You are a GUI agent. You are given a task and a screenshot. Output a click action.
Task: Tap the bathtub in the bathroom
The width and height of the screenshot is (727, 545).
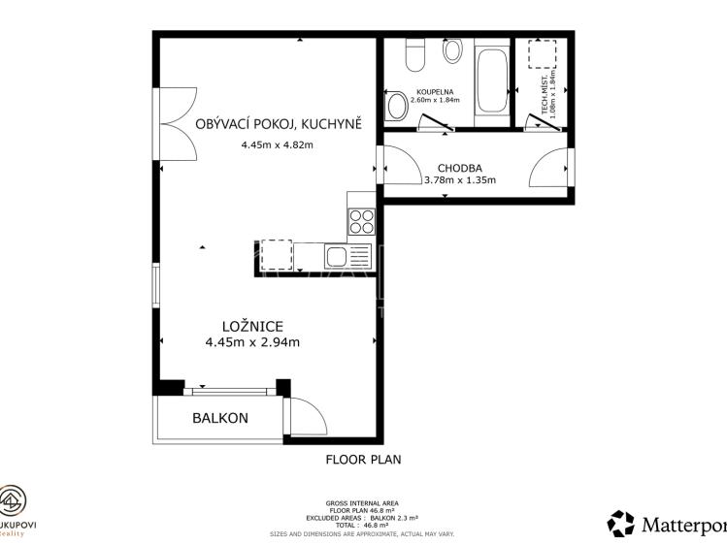click(492, 82)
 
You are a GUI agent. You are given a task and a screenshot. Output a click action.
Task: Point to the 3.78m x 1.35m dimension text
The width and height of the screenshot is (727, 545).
click(459, 179)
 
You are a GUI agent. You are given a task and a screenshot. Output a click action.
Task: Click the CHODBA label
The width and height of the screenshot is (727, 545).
click(459, 167)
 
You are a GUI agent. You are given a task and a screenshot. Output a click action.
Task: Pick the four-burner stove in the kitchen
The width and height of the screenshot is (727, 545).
click(361, 222)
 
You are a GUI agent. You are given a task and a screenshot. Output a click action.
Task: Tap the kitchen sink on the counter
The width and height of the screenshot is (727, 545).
click(336, 256)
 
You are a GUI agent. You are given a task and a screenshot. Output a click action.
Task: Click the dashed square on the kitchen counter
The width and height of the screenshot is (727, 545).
click(277, 254)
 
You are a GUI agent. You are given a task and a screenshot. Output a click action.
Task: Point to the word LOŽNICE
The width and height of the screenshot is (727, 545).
click(251, 326)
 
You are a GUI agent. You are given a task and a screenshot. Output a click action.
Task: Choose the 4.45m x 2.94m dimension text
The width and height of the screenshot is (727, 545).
click(251, 341)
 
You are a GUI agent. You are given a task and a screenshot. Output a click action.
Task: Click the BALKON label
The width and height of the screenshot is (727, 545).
click(219, 418)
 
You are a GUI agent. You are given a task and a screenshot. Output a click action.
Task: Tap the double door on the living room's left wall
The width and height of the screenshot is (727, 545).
click(178, 123)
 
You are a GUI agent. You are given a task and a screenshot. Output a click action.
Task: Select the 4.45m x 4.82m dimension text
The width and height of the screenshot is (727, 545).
click(278, 144)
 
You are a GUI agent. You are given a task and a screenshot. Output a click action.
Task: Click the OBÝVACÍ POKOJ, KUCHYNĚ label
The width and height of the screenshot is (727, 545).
click(278, 123)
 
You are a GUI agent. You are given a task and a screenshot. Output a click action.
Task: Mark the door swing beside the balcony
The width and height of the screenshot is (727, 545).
click(306, 417)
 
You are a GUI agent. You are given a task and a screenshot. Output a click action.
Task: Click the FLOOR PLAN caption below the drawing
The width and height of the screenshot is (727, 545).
click(363, 460)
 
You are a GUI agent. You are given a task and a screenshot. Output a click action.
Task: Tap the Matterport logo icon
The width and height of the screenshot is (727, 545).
click(620, 524)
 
